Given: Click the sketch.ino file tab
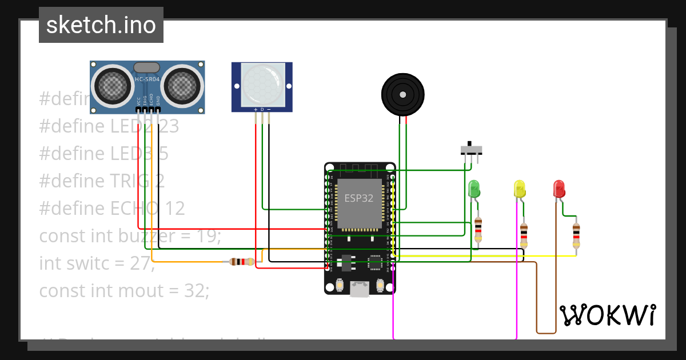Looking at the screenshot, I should (101, 25).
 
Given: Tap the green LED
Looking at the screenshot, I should (473, 189).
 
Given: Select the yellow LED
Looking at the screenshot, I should (519, 189).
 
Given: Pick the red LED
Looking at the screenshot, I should (559, 189).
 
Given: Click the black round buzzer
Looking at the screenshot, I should (403, 94).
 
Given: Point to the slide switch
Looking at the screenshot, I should (471, 150).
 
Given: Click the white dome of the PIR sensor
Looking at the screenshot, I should (262, 83).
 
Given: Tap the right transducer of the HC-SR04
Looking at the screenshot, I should (184, 86).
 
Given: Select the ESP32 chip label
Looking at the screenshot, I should (358, 198).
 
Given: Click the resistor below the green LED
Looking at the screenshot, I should (478, 229).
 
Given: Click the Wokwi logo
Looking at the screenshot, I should (607, 315).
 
